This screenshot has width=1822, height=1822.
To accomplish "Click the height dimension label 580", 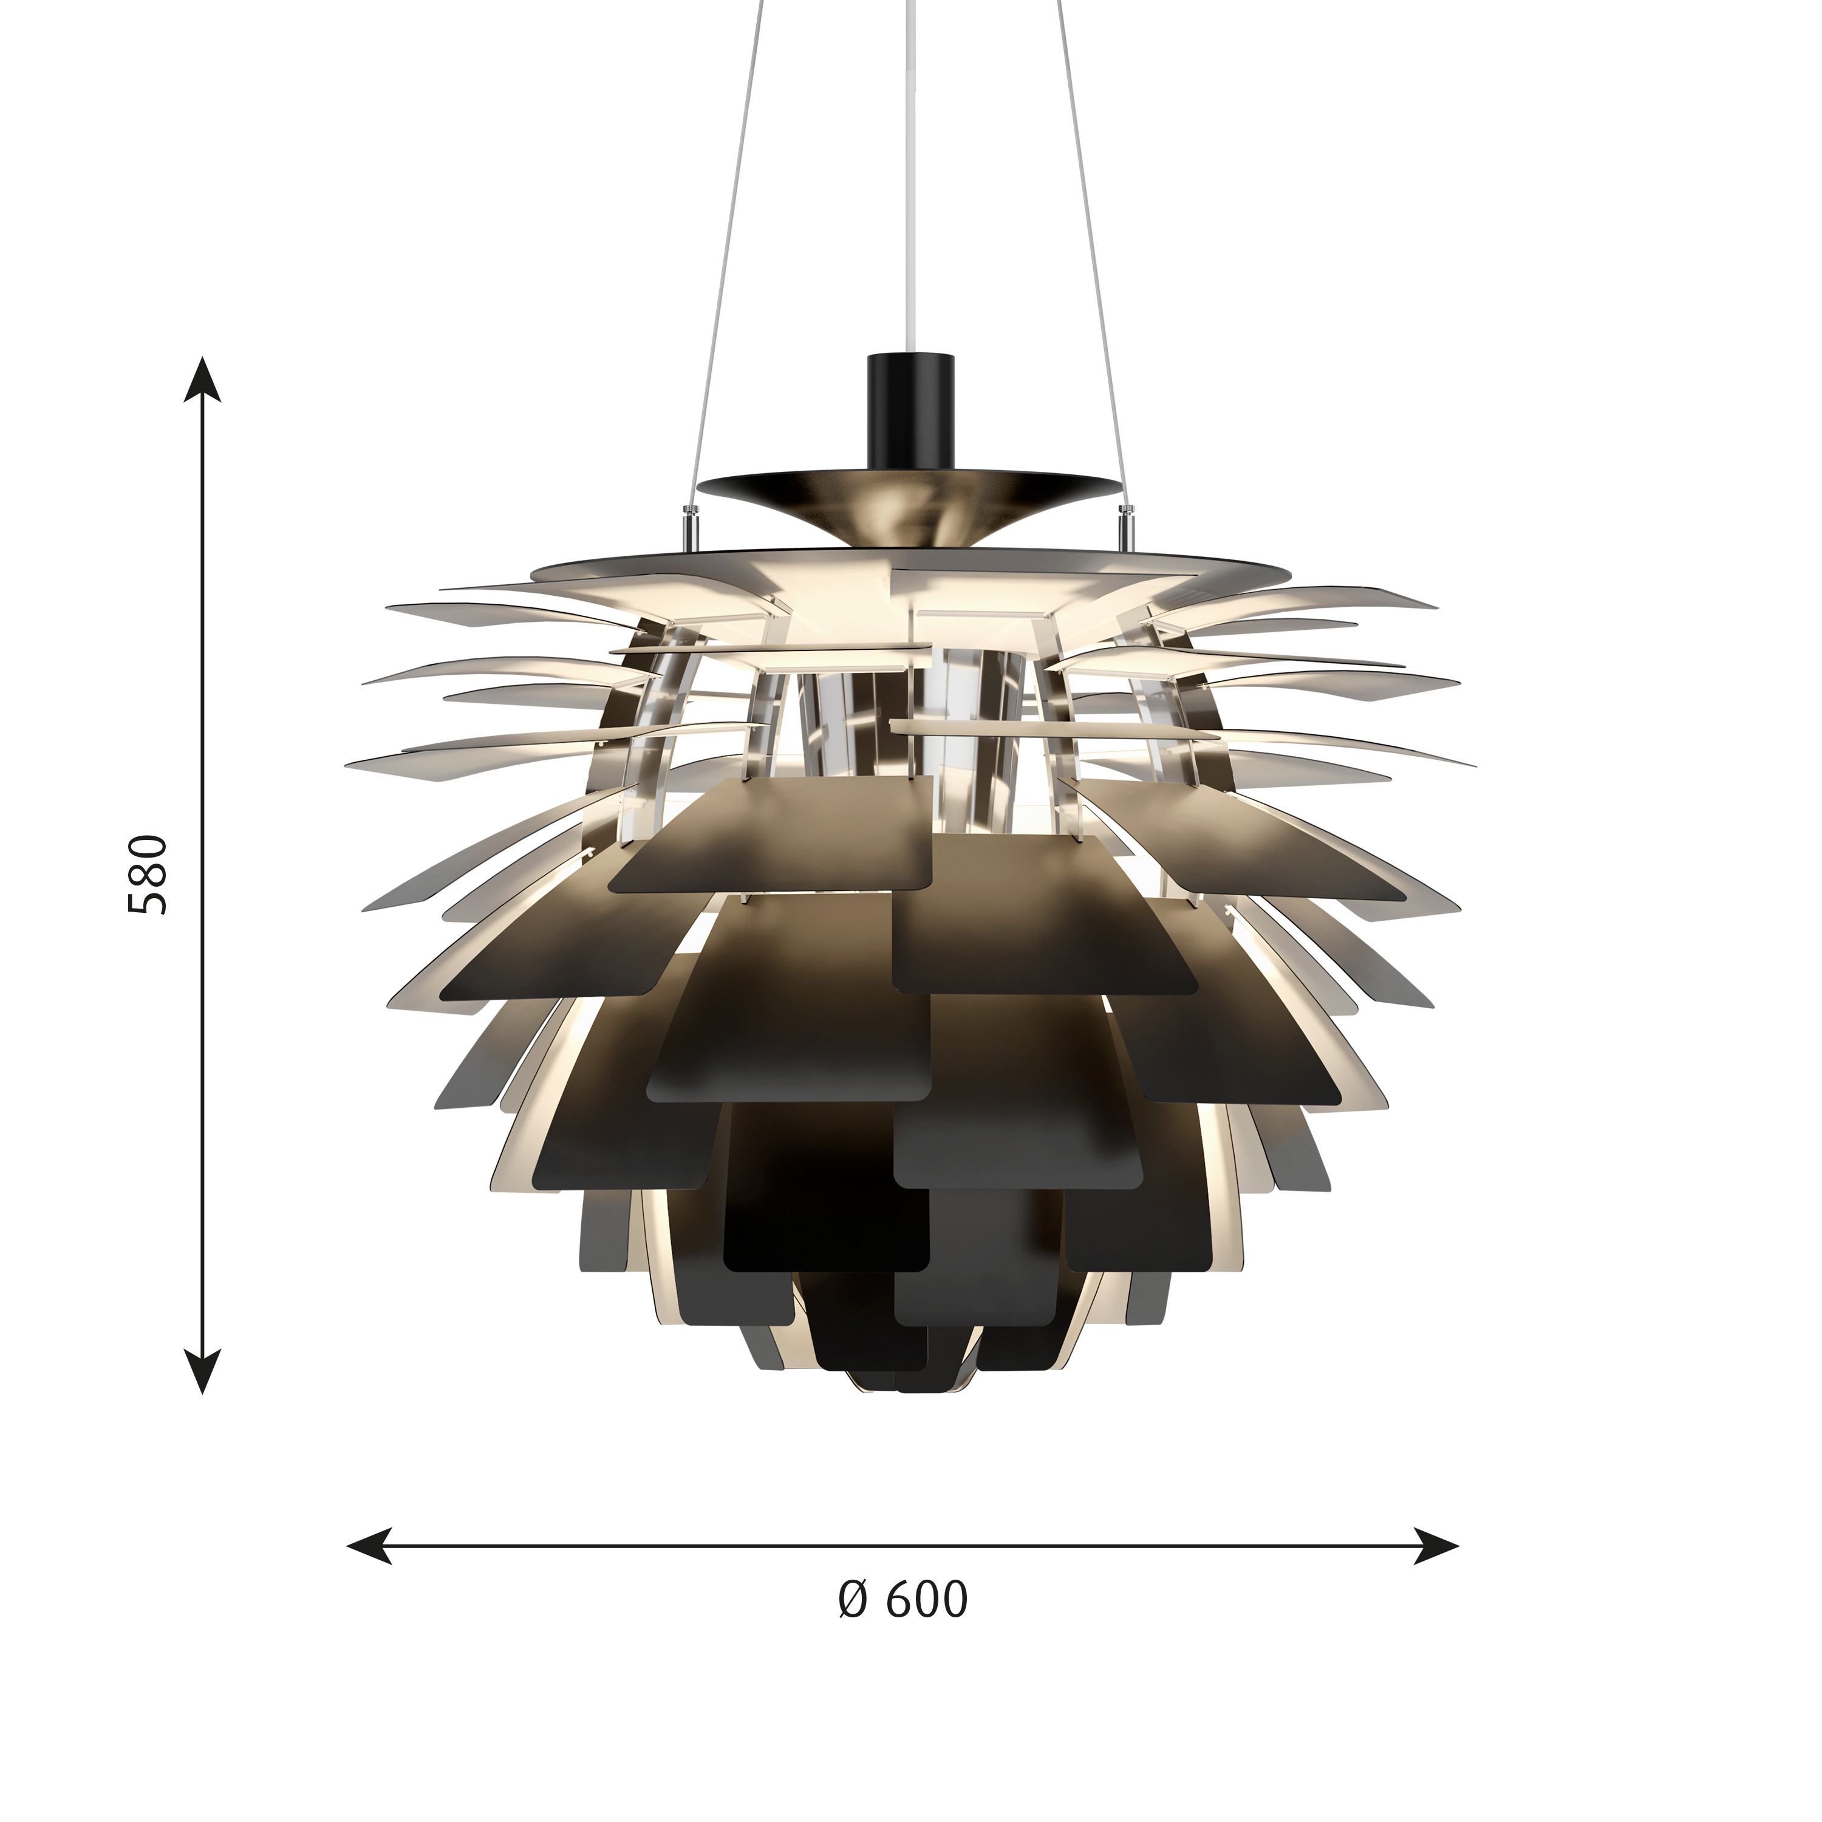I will [148, 873].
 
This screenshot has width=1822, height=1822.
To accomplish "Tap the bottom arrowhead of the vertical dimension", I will [202, 1370].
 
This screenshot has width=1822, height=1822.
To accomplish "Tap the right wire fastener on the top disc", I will [1124, 524].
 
